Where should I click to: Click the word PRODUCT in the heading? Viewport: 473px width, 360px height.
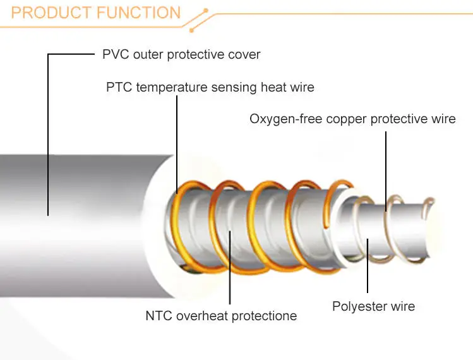51,13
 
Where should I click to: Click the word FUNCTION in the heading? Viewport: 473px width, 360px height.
139,13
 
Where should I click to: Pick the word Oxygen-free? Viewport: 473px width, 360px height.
285,119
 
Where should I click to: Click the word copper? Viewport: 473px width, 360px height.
347,119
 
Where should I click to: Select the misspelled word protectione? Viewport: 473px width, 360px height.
264,316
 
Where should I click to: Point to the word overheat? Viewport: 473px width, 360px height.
202,316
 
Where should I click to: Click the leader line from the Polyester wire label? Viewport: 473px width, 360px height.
368,265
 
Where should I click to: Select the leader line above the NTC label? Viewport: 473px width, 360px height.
230,267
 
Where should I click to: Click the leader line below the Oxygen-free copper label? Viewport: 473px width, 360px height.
386,171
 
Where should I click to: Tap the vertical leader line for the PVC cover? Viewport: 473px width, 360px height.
48,135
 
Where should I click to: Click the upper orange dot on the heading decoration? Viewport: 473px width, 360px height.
207,11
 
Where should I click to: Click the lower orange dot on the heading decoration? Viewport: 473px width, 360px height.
191,30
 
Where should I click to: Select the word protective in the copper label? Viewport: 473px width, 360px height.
398,119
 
